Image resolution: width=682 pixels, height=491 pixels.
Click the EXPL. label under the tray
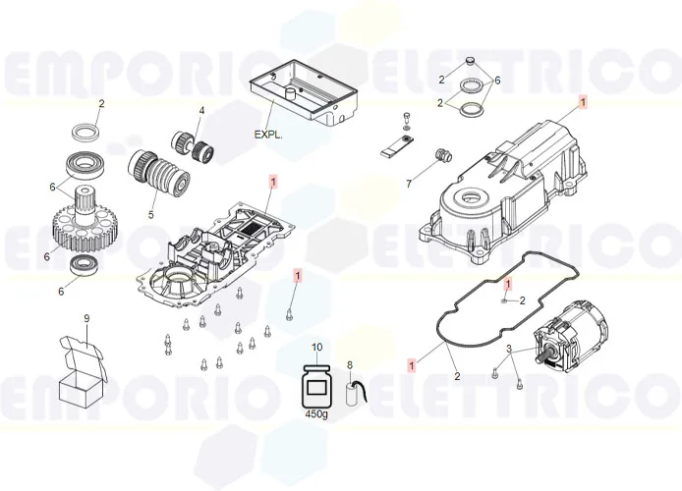click(268, 134)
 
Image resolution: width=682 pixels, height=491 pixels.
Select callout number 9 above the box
click(86, 318)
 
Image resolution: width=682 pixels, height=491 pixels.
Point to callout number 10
click(316, 348)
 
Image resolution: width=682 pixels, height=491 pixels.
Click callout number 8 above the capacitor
click(349, 365)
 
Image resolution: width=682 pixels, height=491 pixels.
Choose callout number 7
click(409, 184)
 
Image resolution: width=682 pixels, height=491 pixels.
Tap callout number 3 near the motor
click(509, 350)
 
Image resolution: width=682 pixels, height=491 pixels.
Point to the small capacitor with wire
click(357, 391)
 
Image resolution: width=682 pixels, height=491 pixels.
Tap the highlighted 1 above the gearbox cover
click(583, 102)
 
